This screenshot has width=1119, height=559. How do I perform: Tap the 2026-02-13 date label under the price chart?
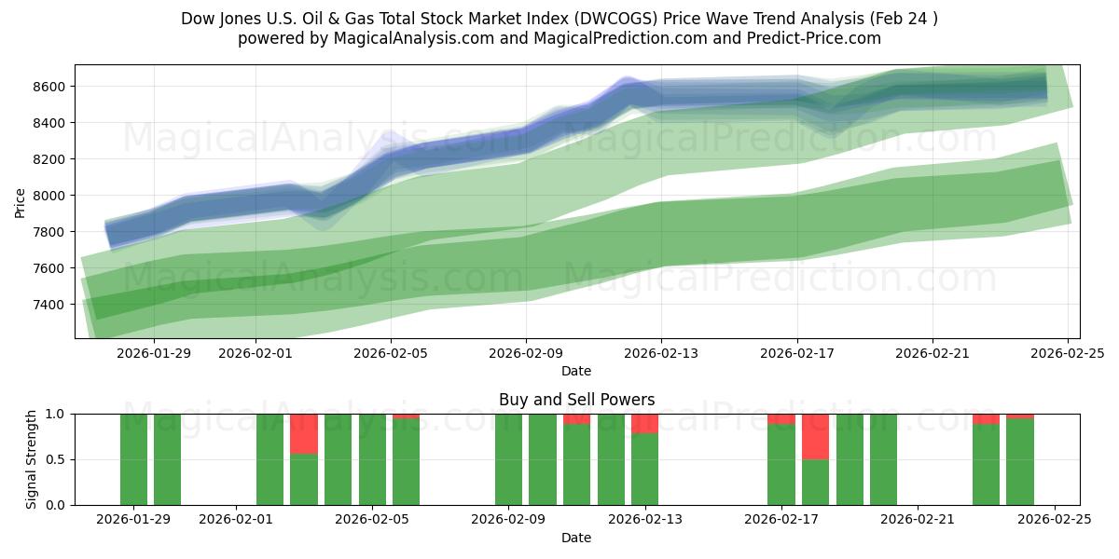[x=661, y=353]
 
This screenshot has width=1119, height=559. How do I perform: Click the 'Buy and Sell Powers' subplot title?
[x=576, y=400]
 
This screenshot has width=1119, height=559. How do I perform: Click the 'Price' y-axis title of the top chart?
[x=21, y=201]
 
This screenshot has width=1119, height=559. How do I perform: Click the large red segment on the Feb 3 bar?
[x=304, y=433]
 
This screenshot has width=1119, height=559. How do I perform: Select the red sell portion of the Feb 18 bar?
[x=815, y=436]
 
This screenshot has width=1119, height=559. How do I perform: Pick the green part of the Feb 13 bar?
[x=644, y=470]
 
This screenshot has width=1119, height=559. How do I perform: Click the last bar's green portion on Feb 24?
[x=1019, y=462]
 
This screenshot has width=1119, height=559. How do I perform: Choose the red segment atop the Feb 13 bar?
[x=644, y=423]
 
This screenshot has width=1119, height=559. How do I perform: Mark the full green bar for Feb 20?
[x=883, y=459]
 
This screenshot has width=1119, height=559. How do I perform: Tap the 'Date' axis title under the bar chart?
[x=576, y=538]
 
